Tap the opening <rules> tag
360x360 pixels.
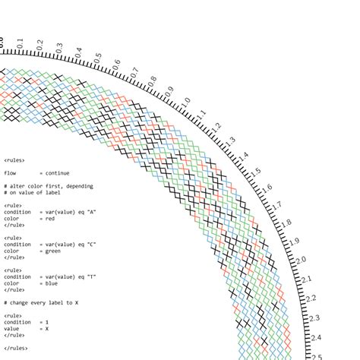14,160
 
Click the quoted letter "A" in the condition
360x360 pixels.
91,213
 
